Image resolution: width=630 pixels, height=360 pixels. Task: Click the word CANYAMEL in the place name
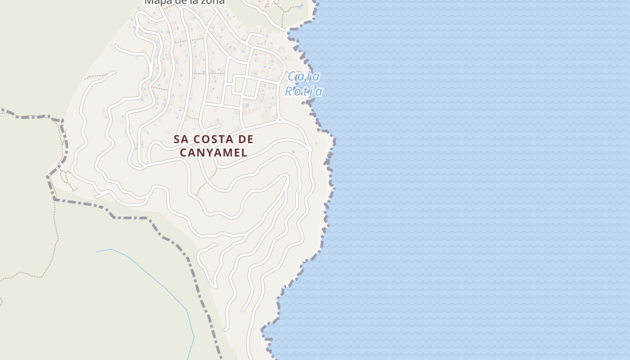[214, 153]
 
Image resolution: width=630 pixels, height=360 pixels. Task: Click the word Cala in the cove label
[303, 76]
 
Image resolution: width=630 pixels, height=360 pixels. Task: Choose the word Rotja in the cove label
[303, 91]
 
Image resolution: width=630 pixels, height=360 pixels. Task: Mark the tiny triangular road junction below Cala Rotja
[280, 119]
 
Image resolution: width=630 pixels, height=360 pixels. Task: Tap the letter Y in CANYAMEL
[210, 153]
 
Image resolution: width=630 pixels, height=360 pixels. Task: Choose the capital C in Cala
[292, 76]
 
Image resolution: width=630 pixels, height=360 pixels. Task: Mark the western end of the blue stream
[97, 252]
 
